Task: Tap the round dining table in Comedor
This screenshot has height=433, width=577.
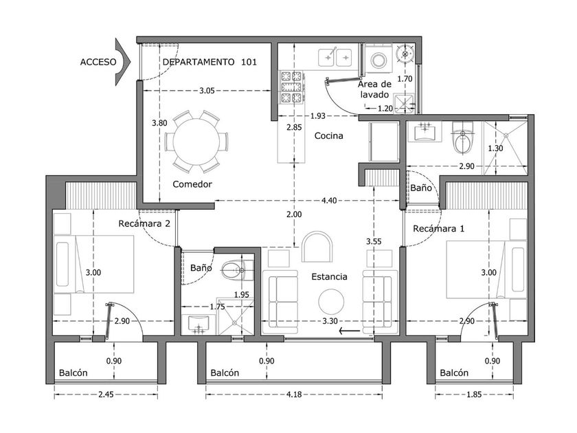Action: tap(196, 142)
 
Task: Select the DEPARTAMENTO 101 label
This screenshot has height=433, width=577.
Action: tap(210, 62)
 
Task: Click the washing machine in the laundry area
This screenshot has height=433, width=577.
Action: tap(378, 59)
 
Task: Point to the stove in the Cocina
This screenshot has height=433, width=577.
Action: tap(291, 87)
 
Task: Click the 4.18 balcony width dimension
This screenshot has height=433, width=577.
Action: tap(294, 395)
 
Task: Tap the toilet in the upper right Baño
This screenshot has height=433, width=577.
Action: tap(462, 138)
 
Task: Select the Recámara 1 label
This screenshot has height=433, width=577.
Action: tap(439, 229)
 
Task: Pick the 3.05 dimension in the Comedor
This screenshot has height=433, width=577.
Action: tap(207, 91)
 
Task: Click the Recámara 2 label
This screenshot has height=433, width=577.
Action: tap(144, 223)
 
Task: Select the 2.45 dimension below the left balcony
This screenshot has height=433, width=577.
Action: tap(106, 395)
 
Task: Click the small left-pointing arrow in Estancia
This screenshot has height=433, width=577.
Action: tap(350, 331)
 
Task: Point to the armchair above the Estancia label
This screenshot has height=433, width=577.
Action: tap(317, 247)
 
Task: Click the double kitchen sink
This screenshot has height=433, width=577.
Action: tap(335, 58)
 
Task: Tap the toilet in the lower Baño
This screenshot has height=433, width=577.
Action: tap(237, 270)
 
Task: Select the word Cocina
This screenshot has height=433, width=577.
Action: tap(328, 136)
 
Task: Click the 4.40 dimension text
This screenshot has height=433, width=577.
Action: tap(329, 200)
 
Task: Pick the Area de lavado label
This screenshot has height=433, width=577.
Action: tap(374, 89)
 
